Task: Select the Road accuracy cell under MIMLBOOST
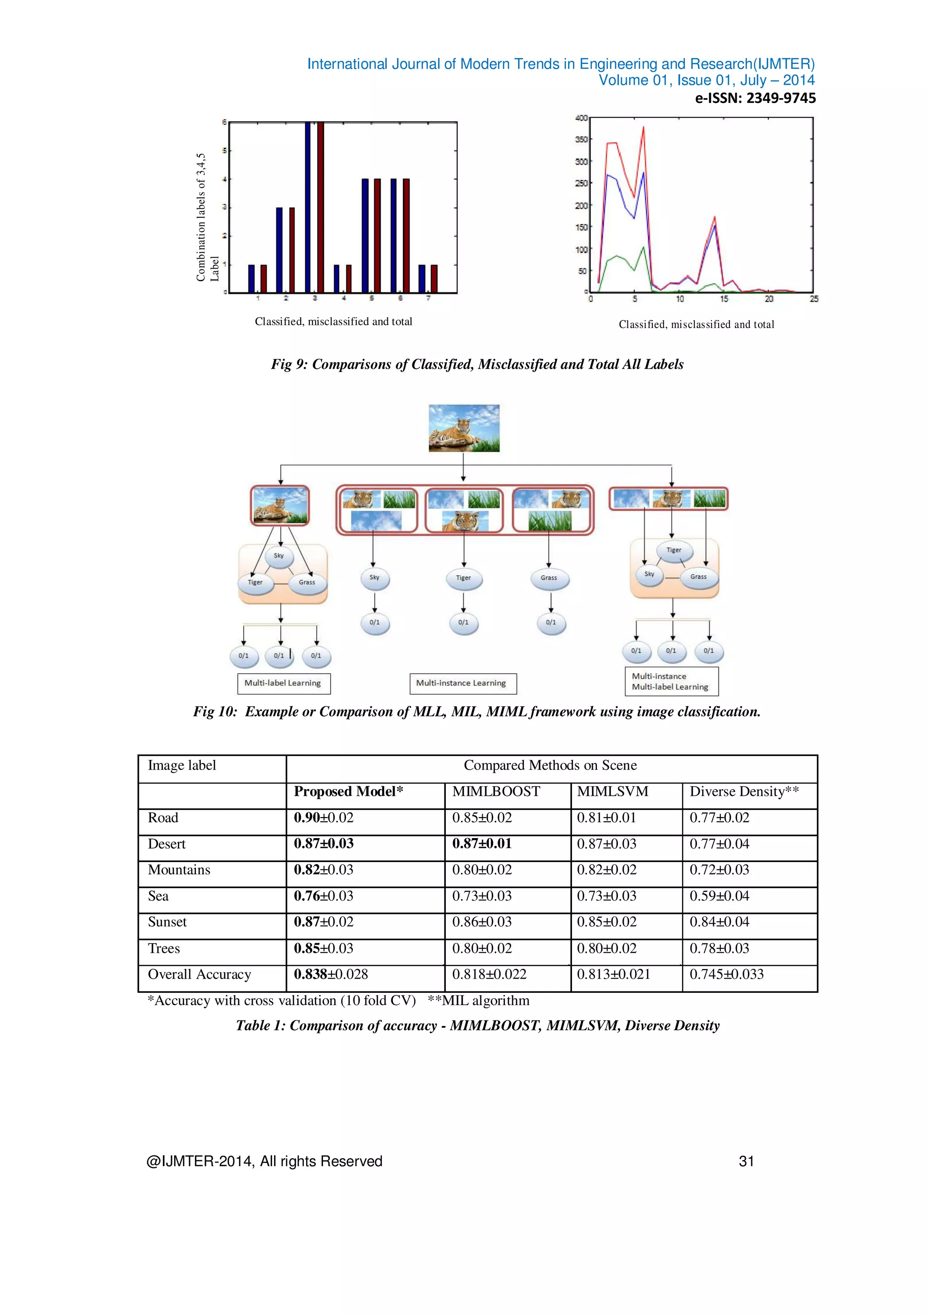(482, 818)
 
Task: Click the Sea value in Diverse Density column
(719, 896)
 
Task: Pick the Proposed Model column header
(348, 791)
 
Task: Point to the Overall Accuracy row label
(199, 975)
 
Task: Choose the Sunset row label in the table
(167, 922)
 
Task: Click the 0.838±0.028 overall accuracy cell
(331, 975)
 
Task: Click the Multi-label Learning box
(283, 683)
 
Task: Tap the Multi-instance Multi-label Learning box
(670, 682)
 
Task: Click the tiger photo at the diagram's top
(464, 428)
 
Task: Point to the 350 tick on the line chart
(581, 140)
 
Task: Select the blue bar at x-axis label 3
(308, 207)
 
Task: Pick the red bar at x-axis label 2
(292, 250)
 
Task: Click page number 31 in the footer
(747, 1161)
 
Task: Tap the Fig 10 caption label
(215, 712)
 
